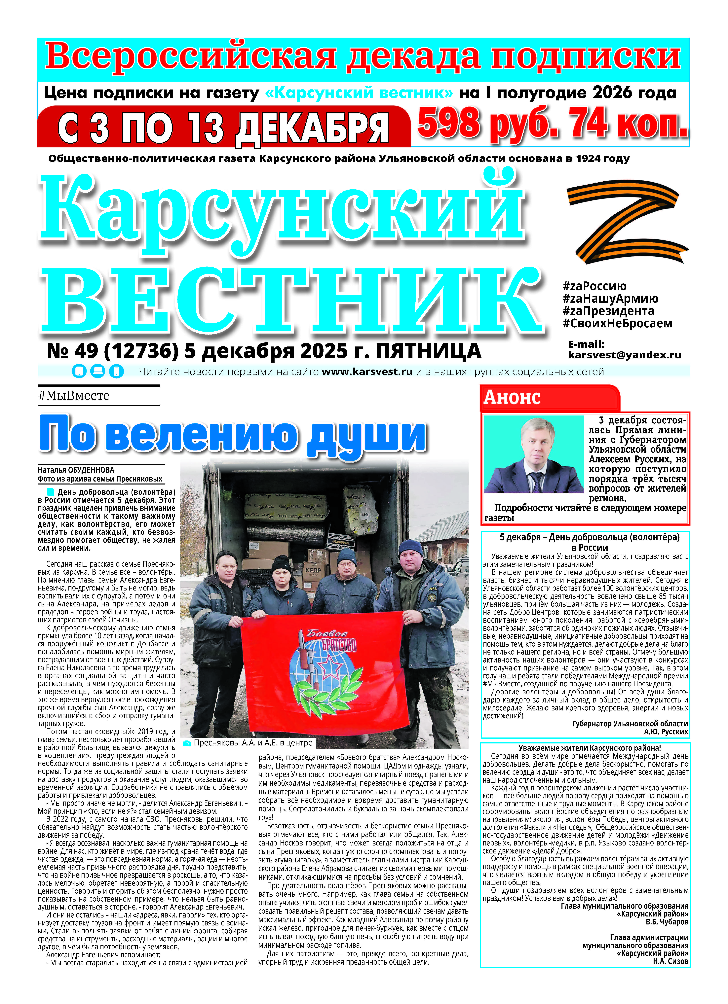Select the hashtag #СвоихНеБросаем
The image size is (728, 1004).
point(617,324)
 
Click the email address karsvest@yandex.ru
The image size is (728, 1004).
point(624,355)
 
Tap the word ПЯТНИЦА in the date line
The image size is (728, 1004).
point(428,351)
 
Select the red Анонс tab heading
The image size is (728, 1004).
point(512,398)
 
